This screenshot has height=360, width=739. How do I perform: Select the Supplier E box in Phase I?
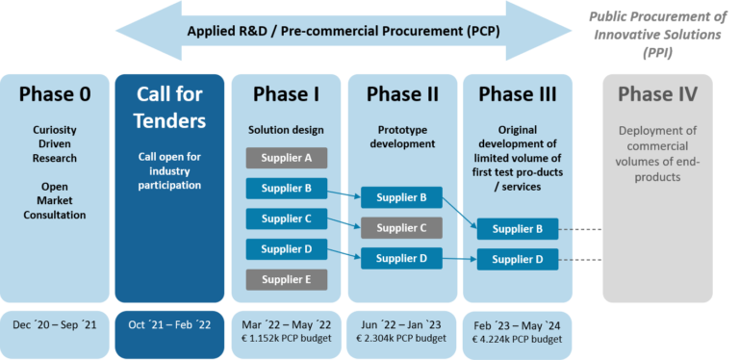click(286, 280)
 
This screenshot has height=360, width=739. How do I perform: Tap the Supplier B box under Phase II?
click(401, 198)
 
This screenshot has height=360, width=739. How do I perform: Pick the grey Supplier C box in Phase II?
click(401, 228)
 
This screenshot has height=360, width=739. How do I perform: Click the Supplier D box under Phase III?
click(517, 259)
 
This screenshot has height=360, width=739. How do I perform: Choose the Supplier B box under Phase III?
click(517, 229)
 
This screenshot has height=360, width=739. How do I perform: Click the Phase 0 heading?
click(55, 94)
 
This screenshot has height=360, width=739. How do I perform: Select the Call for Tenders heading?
click(169, 107)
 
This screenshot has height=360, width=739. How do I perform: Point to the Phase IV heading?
click(657, 94)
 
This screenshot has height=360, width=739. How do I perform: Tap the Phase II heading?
click(401, 94)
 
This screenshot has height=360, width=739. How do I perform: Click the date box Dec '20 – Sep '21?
click(55, 325)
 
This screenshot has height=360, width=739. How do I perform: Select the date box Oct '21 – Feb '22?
click(169, 325)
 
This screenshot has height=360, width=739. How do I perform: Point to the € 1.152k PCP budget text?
click(286, 339)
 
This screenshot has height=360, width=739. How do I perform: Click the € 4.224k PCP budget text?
click(517, 339)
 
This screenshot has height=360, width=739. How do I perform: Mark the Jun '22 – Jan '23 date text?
click(401, 324)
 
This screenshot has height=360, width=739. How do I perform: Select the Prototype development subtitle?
click(401, 137)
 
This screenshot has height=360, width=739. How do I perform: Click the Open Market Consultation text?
click(55, 201)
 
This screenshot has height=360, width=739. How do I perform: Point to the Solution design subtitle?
click(286, 129)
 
